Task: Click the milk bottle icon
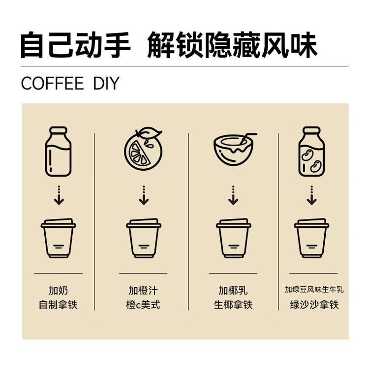59,152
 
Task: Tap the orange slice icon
143,149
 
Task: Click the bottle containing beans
311,152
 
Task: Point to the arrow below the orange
144,195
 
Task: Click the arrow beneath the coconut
233,195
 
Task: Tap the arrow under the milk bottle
59,195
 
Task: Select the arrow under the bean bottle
311,195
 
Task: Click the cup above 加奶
59,238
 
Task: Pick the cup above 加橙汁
144,238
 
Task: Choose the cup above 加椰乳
233,238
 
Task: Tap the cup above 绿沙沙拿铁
311,238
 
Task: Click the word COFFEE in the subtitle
53,83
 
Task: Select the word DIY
106,83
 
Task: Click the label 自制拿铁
58,305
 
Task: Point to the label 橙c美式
143,305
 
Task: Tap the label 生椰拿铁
233,305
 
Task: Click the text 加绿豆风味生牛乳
314,290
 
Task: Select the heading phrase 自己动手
76,45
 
